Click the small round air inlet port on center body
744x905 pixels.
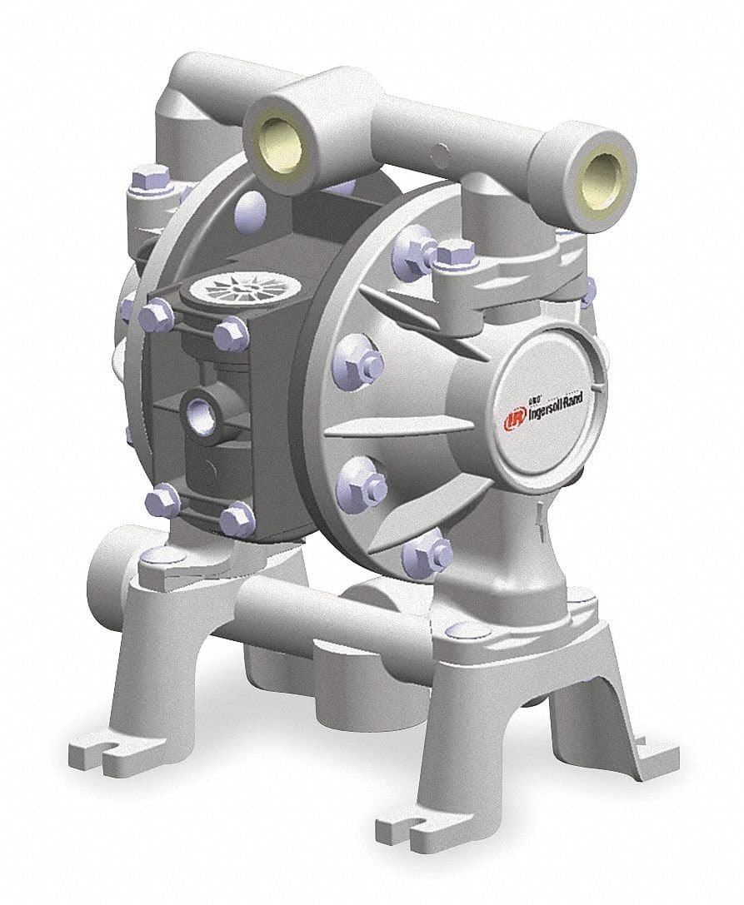click(x=200, y=410)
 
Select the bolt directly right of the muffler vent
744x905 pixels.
click(x=232, y=335)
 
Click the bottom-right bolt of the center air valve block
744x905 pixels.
click(x=238, y=520)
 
